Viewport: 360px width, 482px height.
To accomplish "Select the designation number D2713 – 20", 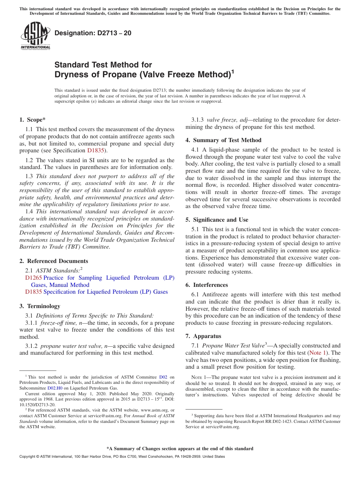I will (x=93, y=33).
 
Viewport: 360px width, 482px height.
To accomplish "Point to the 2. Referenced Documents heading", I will (x=53, y=261).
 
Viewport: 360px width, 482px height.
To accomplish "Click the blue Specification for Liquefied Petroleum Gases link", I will (x=105, y=292).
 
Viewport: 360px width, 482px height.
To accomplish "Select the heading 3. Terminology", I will (x=39, y=306).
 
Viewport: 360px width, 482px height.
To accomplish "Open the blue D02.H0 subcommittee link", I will (x=55, y=388).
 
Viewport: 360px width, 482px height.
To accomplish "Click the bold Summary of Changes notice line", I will (x=180, y=449).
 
